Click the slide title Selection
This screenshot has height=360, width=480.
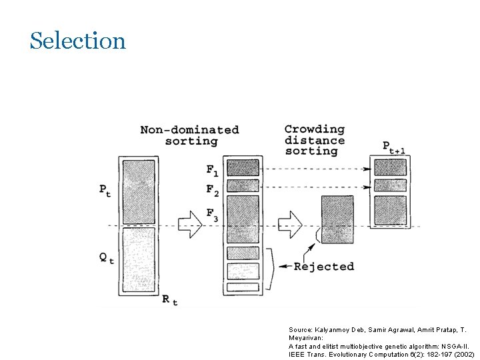pyautogui.click(x=77, y=41)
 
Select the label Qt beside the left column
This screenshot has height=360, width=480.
pyautogui.click(x=106, y=258)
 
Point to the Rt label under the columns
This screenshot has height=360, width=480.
pyautogui.click(x=170, y=301)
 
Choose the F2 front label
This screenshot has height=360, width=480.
pyautogui.click(x=212, y=189)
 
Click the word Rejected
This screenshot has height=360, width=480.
pyautogui.click(x=324, y=267)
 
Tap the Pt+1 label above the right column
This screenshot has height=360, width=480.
pyautogui.click(x=394, y=147)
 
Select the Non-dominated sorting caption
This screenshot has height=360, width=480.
pyautogui.click(x=190, y=135)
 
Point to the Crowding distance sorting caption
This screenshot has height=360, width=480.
pyautogui.click(x=314, y=140)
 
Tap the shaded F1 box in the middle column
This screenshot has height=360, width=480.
pyautogui.click(x=243, y=167)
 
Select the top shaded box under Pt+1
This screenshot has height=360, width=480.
pyautogui.click(x=390, y=167)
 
